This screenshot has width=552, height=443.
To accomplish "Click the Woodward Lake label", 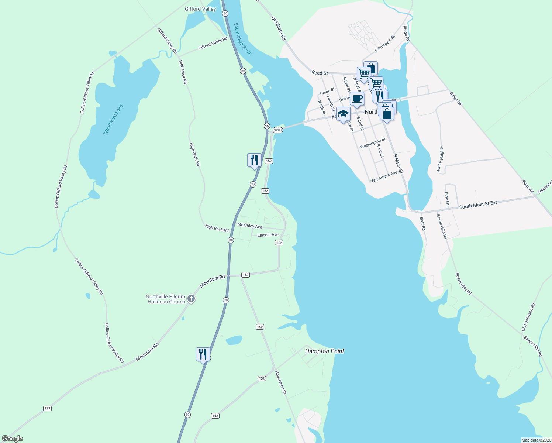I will point(113,120).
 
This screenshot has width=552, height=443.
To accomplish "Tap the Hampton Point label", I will point(324,351).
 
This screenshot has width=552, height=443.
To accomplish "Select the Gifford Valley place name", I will point(200,9).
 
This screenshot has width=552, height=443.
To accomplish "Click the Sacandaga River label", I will point(242,39).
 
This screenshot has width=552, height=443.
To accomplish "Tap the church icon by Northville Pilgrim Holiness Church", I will point(191,299).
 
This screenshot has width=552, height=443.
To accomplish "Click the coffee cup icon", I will point(357,99).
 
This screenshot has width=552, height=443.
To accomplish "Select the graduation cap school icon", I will point(343,114).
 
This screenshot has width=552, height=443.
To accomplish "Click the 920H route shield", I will point(278,130).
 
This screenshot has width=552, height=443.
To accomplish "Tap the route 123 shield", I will point(47,408).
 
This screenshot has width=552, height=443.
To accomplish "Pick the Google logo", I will point(13,439).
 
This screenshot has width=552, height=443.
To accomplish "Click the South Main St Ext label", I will point(478,205).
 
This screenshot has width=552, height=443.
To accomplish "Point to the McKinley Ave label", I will point(249,226).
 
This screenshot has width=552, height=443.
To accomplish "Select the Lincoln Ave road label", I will point(268,235).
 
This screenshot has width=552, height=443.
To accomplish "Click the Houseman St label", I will point(280,382).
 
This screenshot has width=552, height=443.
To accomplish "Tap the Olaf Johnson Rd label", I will point(528,317).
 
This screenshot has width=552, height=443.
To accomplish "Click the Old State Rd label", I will point(279,28).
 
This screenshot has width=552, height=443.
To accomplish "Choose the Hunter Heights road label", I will point(440,159).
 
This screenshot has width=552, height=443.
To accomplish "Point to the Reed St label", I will point(320,73).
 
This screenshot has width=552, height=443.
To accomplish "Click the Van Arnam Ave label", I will point(384,176).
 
